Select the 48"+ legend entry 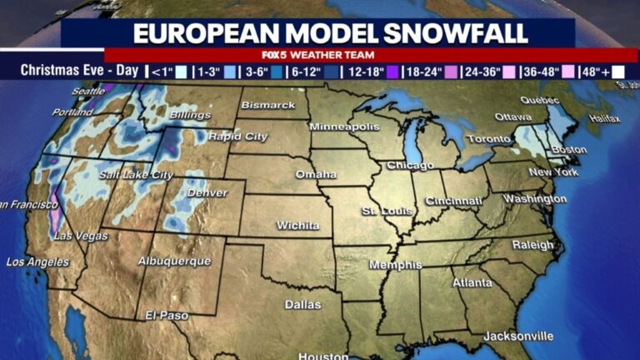tap(595, 72)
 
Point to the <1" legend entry tap(167, 72)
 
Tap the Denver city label tap(207, 193)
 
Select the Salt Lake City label tap(136, 175)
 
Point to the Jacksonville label tap(517, 336)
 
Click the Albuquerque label tap(173, 261)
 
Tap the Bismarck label tap(268, 105)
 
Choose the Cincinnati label tap(454, 201)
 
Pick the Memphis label tap(396, 265)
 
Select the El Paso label tap(167, 316)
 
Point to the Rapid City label tap(236, 136)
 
